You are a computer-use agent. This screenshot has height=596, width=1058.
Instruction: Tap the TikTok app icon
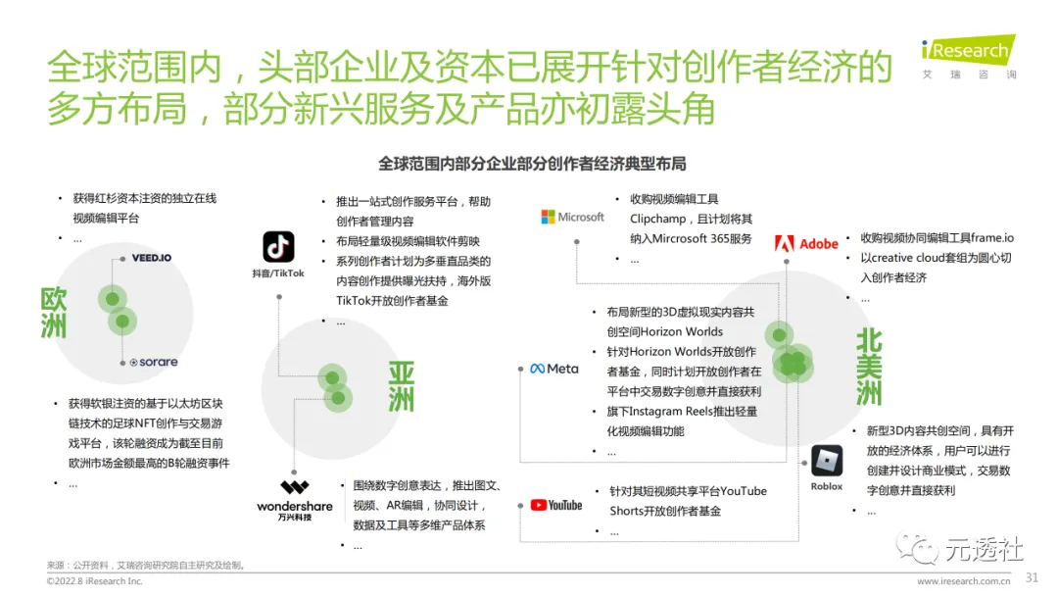pos(278,247)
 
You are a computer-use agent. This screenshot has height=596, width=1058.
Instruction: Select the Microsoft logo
pos(573,217)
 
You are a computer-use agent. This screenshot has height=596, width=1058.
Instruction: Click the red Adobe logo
pos(806,243)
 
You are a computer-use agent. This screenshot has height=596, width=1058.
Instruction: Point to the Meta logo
pos(554,369)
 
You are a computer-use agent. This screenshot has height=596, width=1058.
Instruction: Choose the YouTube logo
pos(556,505)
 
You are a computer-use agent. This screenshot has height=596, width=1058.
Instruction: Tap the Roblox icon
pos(827,461)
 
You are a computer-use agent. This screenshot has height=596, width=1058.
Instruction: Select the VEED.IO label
pos(152,258)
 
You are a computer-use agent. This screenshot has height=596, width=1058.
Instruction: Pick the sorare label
pos(154,362)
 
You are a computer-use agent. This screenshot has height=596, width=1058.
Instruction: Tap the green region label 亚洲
pos(401,386)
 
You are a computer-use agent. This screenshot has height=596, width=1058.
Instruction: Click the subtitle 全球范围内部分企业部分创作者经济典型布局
pos(532,163)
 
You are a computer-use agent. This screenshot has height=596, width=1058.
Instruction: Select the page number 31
pos(1032,576)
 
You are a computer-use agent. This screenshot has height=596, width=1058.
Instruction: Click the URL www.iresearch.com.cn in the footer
pos(964,581)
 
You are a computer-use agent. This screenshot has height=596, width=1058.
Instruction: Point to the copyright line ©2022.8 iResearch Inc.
pos(94,581)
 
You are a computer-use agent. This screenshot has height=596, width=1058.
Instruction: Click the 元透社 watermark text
pos(984,550)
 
